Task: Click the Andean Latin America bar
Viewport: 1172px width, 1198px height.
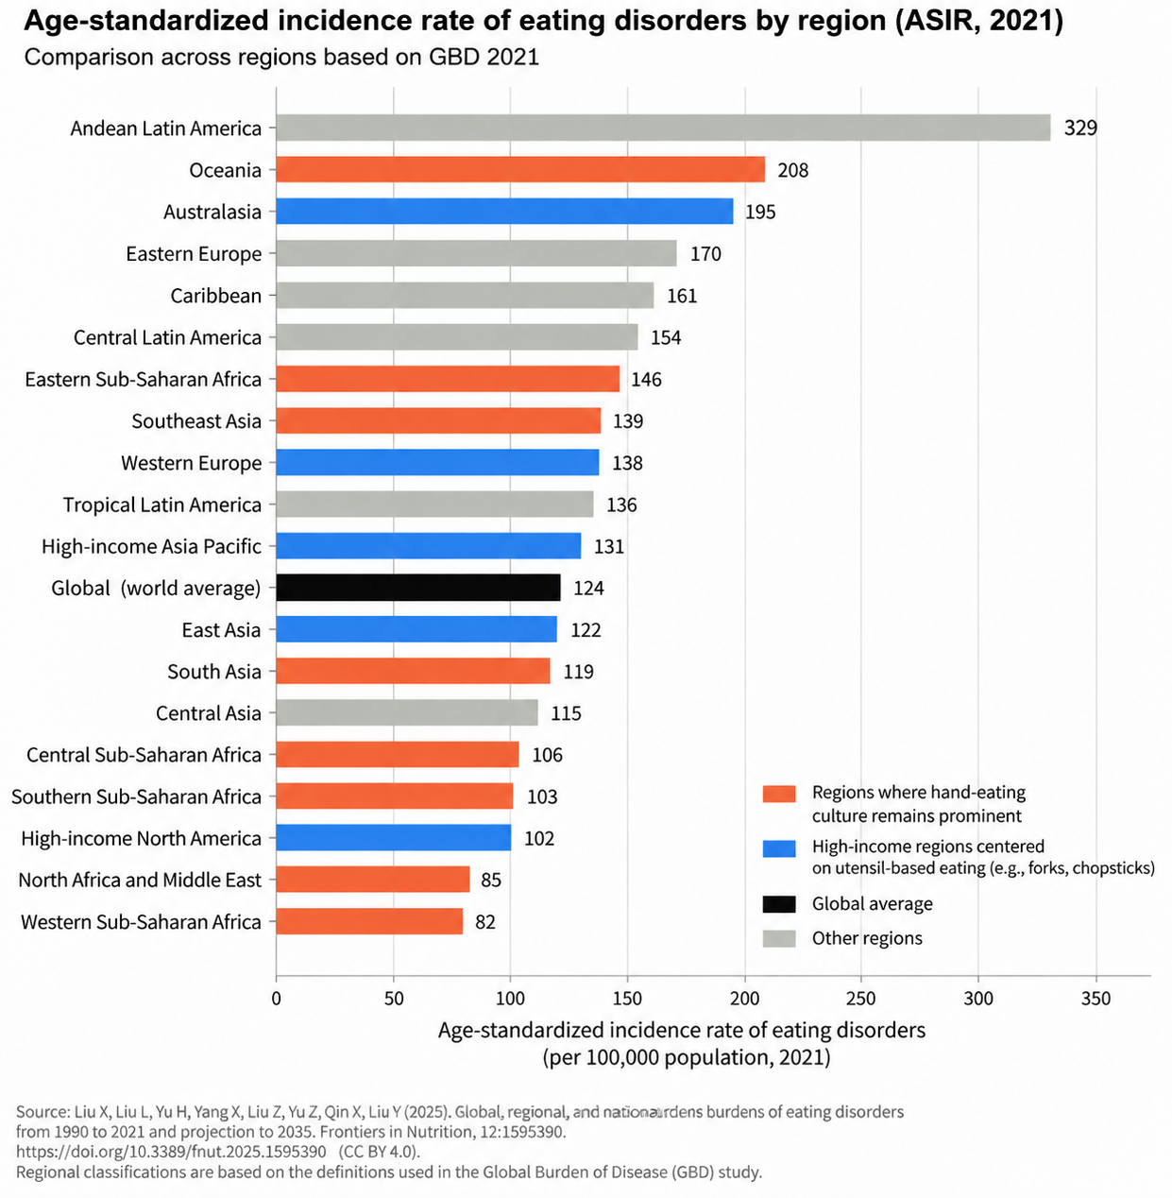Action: tap(663, 128)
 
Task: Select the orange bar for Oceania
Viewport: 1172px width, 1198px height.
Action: tap(520, 169)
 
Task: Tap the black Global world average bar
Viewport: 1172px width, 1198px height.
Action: tap(418, 588)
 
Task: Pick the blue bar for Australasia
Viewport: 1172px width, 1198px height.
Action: tap(504, 212)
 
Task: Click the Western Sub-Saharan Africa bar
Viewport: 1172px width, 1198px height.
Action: tap(370, 921)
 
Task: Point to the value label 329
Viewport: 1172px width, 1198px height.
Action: tap(1080, 128)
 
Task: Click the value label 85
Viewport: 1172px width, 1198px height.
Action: tap(491, 880)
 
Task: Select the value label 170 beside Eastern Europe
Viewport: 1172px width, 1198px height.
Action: tap(705, 253)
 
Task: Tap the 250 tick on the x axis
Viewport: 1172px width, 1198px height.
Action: tap(860, 999)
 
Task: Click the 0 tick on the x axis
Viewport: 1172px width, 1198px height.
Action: tap(277, 999)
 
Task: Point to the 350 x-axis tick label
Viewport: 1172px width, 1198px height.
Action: tap(1096, 999)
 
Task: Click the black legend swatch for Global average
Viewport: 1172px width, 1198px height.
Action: tap(779, 904)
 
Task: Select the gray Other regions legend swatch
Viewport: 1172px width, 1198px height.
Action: tap(779, 939)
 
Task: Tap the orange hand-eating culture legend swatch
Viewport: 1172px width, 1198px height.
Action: tap(779, 794)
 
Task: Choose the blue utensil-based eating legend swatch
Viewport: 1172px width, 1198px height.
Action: tap(779, 848)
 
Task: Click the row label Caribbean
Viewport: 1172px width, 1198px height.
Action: tap(215, 296)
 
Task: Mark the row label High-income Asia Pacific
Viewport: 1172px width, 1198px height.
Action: tap(152, 546)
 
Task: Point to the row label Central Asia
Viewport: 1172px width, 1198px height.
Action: tap(208, 713)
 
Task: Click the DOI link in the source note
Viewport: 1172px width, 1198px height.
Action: tap(171, 1152)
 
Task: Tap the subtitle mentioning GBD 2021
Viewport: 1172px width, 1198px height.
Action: tap(281, 58)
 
